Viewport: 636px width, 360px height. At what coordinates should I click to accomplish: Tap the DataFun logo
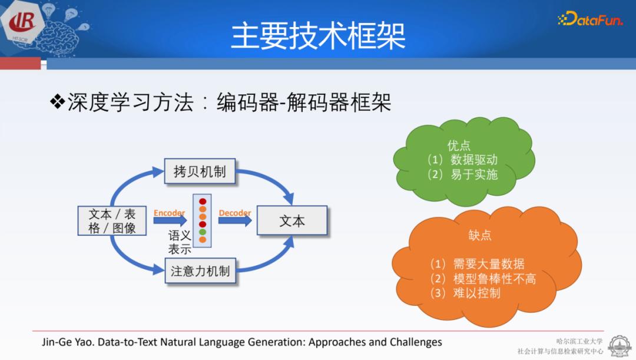(x=589, y=19)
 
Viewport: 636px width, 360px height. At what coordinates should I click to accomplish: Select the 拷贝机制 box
(x=200, y=171)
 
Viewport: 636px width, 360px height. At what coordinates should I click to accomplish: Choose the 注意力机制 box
(x=200, y=272)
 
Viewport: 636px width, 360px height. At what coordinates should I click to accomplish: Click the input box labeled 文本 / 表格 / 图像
(x=112, y=221)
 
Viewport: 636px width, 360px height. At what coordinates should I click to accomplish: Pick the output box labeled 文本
(x=292, y=221)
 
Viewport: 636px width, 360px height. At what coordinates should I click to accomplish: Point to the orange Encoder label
(x=169, y=213)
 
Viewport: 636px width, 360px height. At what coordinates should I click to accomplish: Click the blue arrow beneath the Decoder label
(x=234, y=221)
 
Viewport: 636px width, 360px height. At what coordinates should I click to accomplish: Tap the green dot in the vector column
(x=203, y=232)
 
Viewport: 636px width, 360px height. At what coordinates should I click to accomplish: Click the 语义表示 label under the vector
(x=180, y=242)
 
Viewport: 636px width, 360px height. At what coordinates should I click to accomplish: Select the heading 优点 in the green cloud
(x=459, y=146)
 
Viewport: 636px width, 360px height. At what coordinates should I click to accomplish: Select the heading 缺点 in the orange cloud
(x=480, y=235)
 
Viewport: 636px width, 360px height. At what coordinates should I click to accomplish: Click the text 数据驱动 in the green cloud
(x=474, y=160)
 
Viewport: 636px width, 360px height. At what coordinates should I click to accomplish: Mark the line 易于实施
(x=474, y=174)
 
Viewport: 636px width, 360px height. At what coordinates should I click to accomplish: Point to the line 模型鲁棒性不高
(x=495, y=278)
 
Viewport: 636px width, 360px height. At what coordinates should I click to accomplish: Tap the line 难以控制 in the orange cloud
(x=477, y=293)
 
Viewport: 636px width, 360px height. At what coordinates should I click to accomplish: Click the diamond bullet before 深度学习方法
(x=57, y=103)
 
